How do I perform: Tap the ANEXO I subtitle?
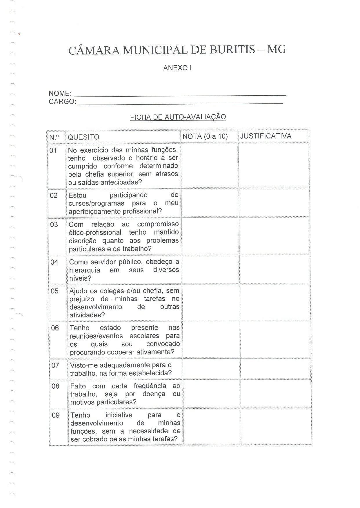pos(177,68)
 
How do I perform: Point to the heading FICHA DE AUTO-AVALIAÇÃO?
pos(178,117)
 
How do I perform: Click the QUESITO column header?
pos(83,137)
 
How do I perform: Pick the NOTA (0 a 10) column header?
pos(205,136)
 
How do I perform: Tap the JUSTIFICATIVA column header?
pos(266,136)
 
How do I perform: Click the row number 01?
pos(53,150)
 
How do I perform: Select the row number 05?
pos(54,291)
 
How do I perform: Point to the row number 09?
pos(56,415)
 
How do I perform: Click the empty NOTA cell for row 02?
pos(210,202)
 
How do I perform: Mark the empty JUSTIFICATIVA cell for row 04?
pos(274,269)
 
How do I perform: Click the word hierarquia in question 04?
pos(85,270)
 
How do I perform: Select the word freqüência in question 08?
pos(150,386)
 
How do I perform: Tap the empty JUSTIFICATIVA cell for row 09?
pos(276,426)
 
